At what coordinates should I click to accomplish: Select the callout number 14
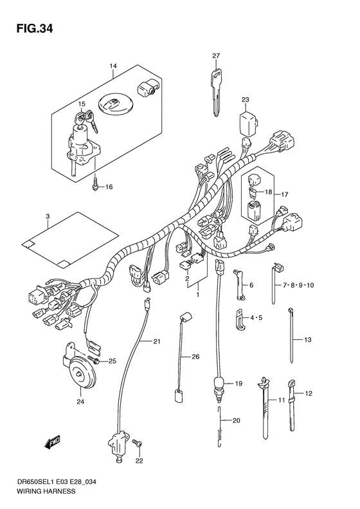tap(113, 66)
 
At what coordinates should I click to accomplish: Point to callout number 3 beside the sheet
tap(48, 216)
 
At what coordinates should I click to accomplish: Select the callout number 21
tap(156, 340)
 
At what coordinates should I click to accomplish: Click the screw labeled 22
tap(137, 443)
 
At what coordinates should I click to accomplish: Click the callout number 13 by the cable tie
tap(307, 339)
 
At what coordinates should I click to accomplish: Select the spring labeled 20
tap(220, 421)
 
